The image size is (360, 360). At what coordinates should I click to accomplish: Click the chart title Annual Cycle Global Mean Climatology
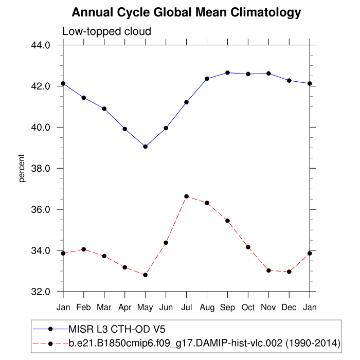186,12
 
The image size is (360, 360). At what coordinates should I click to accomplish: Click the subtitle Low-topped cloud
106,31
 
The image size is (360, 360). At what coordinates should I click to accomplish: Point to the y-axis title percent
22,168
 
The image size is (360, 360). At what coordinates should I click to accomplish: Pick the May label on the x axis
146,307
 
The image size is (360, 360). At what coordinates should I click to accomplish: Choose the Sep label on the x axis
228,307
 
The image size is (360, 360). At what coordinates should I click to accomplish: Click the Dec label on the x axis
289,307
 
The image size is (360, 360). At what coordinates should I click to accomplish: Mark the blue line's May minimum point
146,147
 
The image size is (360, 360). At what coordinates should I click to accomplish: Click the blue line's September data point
228,73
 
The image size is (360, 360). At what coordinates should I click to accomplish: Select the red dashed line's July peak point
187,196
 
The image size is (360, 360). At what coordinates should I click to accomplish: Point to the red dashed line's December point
289,272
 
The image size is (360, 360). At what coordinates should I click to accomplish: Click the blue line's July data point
187,102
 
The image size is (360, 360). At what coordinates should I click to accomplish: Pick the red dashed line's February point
84,249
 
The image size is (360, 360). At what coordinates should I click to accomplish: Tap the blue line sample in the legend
50,329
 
